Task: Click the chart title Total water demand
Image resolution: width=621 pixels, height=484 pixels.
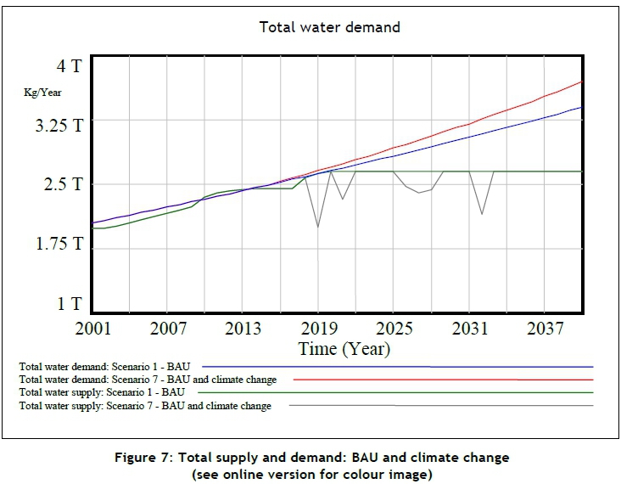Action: (x=329, y=27)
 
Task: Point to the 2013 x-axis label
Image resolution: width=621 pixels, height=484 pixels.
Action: (x=243, y=328)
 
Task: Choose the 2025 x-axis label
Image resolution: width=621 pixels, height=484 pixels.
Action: (x=393, y=328)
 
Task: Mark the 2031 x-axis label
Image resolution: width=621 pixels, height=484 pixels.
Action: (x=468, y=328)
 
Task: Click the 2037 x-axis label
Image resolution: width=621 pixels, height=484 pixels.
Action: (x=544, y=328)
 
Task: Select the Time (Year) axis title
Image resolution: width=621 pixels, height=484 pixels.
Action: (x=344, y=348)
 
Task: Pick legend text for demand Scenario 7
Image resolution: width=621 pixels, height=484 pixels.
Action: (x=148, y=380)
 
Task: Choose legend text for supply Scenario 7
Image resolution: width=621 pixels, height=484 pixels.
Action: (x=145, y=407)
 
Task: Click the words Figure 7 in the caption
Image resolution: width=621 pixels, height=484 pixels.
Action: (x=143, y=458)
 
